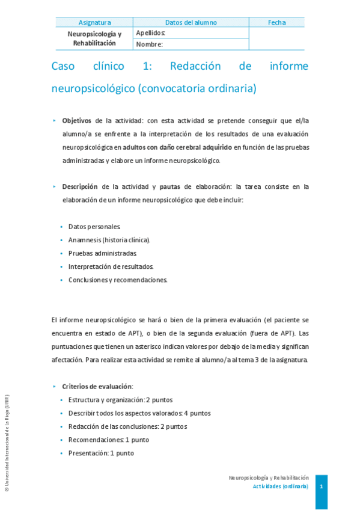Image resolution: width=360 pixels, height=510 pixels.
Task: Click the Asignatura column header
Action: point(94,23)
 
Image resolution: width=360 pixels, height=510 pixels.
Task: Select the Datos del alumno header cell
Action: point(191,23)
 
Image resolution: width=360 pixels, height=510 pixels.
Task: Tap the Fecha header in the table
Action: point(276,23)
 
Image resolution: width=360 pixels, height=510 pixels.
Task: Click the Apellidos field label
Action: point(150,33)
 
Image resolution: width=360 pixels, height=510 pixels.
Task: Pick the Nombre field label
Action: point(149,44)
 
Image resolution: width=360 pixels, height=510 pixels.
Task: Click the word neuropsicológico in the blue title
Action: point(93,89)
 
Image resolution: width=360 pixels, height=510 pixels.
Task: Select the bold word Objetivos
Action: point(77,120)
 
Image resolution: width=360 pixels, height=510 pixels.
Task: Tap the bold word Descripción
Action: point(80,187)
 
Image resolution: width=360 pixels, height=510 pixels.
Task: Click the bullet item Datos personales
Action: point(94,227)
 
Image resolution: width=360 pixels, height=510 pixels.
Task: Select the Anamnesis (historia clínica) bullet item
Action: point(109,240)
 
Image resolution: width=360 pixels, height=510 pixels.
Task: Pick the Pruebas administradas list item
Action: point(103,253)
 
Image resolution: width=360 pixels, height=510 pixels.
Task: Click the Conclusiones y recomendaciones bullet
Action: point(118,280)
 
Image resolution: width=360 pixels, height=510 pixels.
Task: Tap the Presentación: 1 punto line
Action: point(101,453)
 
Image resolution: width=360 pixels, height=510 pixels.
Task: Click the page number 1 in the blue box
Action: point(322,485)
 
